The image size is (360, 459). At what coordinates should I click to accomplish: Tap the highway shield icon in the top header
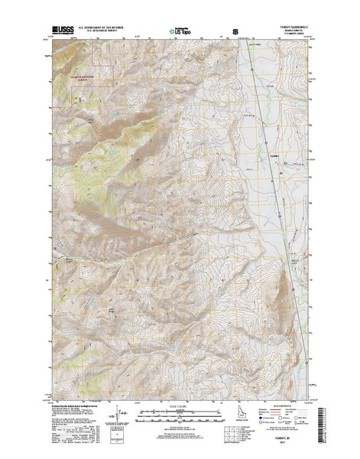point(224,25)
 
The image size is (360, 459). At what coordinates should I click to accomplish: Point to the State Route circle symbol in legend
point(296,418)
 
